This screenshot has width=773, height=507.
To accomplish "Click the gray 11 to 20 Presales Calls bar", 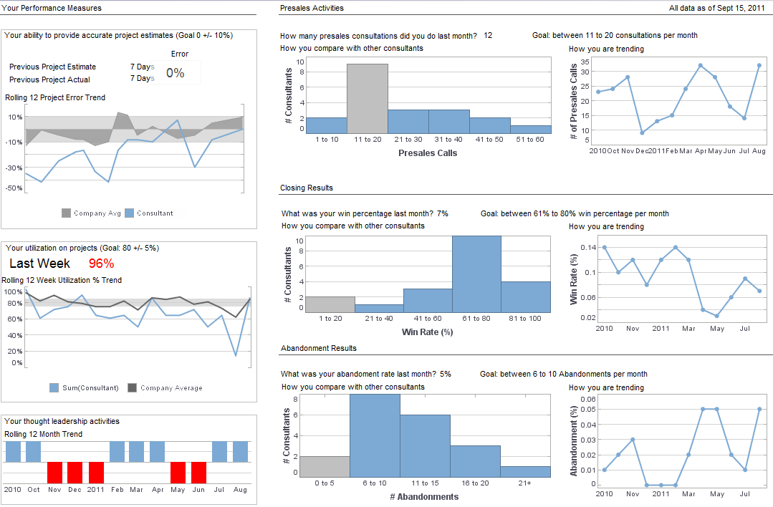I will [x=368, y=99].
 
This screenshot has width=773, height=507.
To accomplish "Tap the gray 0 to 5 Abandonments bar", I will [x=325, y=466].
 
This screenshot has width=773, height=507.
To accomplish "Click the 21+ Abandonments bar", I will [x=525, y=471].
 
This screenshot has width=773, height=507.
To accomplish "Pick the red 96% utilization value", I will [x=101, y=263].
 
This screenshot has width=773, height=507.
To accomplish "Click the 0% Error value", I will [x=176, y=73].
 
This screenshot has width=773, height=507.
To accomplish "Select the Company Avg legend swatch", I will [x=67, y=213].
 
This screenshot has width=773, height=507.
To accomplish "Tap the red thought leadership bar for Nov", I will [x=54, y=473].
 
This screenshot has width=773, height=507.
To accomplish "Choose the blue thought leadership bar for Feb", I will [x=117, y=452].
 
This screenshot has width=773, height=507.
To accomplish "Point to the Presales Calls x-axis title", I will [x=428, y=153].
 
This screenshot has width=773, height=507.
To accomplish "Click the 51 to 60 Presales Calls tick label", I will [x=530, y=139].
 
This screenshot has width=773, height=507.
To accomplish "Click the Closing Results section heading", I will [x=306, y=188].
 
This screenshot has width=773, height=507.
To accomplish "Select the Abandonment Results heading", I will [x=318, y=348].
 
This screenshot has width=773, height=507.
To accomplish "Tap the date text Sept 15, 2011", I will [x=745, y=9].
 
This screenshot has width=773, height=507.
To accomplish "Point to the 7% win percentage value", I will [x=442, y=213].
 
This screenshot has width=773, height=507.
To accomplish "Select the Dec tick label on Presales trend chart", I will [x=642, y=151].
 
